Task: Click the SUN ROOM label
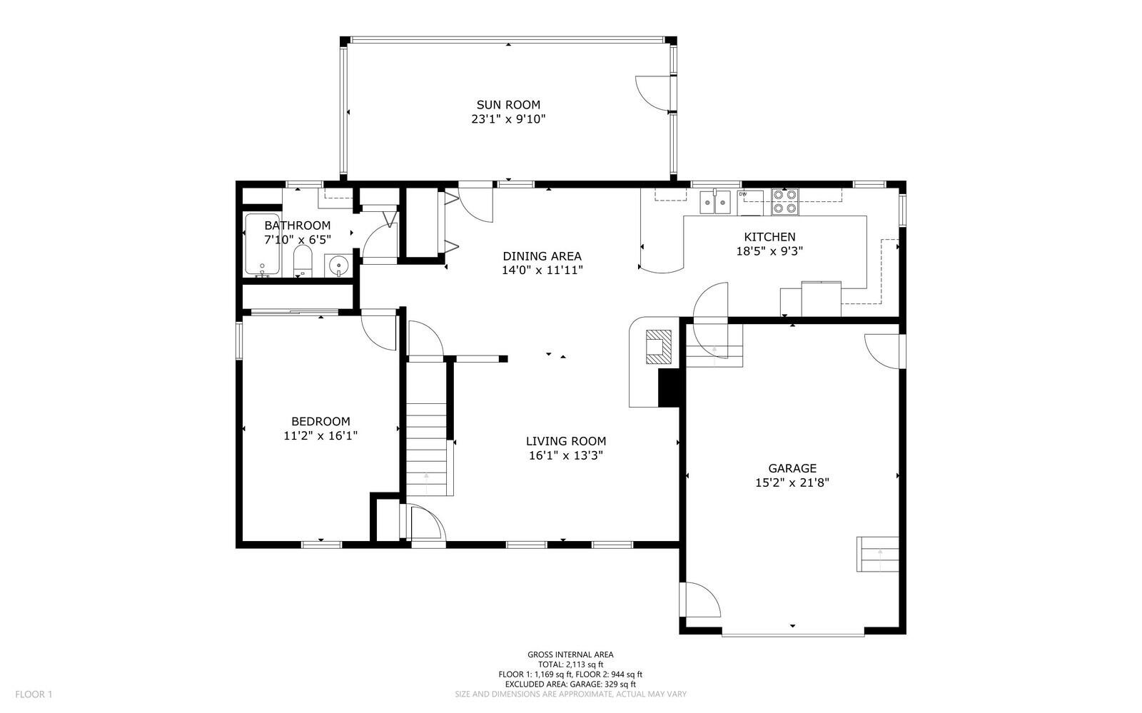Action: tap(508, 105)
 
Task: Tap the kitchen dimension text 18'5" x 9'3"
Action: tap(770, 251)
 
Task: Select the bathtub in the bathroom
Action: tap(263, 244)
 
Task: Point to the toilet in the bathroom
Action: tap(303, 261)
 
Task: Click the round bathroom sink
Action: tap(338, 266)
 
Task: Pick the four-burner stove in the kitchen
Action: tap(785, 201)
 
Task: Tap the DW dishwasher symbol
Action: tap(750, 203)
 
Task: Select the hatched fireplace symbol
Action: tap(659, 347)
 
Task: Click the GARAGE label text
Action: tap(792, 468)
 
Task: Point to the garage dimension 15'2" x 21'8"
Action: tap(792, 482)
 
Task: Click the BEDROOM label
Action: tap(320, 422)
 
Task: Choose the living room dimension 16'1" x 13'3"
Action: tap(566, 455)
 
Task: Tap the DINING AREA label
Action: tap(542, 256)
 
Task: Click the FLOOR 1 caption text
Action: tap(34, 694)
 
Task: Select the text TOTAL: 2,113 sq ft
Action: tap(570, 664)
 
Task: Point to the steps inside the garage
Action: tap(877, 554)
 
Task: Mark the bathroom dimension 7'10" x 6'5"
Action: tap(298, 240)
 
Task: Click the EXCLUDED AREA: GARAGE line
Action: tap(570, 684)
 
